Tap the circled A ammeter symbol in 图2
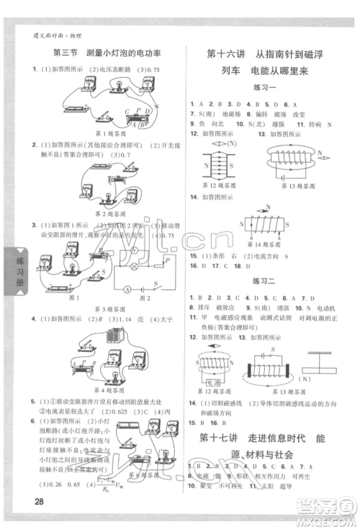[126, 289]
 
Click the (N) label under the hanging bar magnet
[306, 379]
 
